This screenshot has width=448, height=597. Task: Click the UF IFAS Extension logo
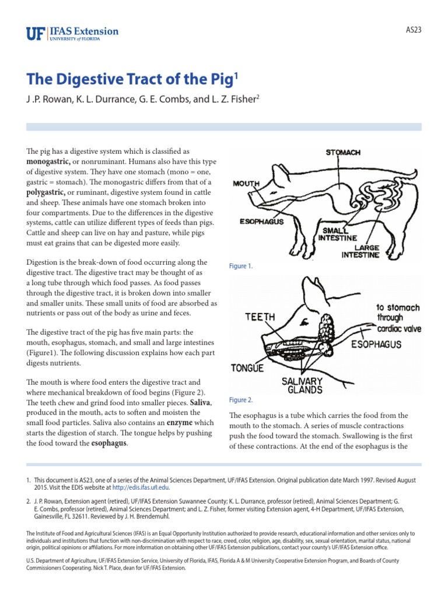(x=72, y=33)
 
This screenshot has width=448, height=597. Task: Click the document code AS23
(x=414, y=30)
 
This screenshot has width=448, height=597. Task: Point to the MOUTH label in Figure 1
(x=246, y=184)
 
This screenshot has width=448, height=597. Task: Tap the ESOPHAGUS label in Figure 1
(x=262, y=222)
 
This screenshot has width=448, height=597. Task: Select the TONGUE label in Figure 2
(x=247, y=368)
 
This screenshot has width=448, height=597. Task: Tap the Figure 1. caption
(x=242, y=266)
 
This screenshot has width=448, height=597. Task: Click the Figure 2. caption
(x=242, y=400)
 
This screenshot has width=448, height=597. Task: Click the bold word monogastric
(x=48, y=161)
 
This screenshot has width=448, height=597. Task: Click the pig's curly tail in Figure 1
(x=409, y=174)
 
